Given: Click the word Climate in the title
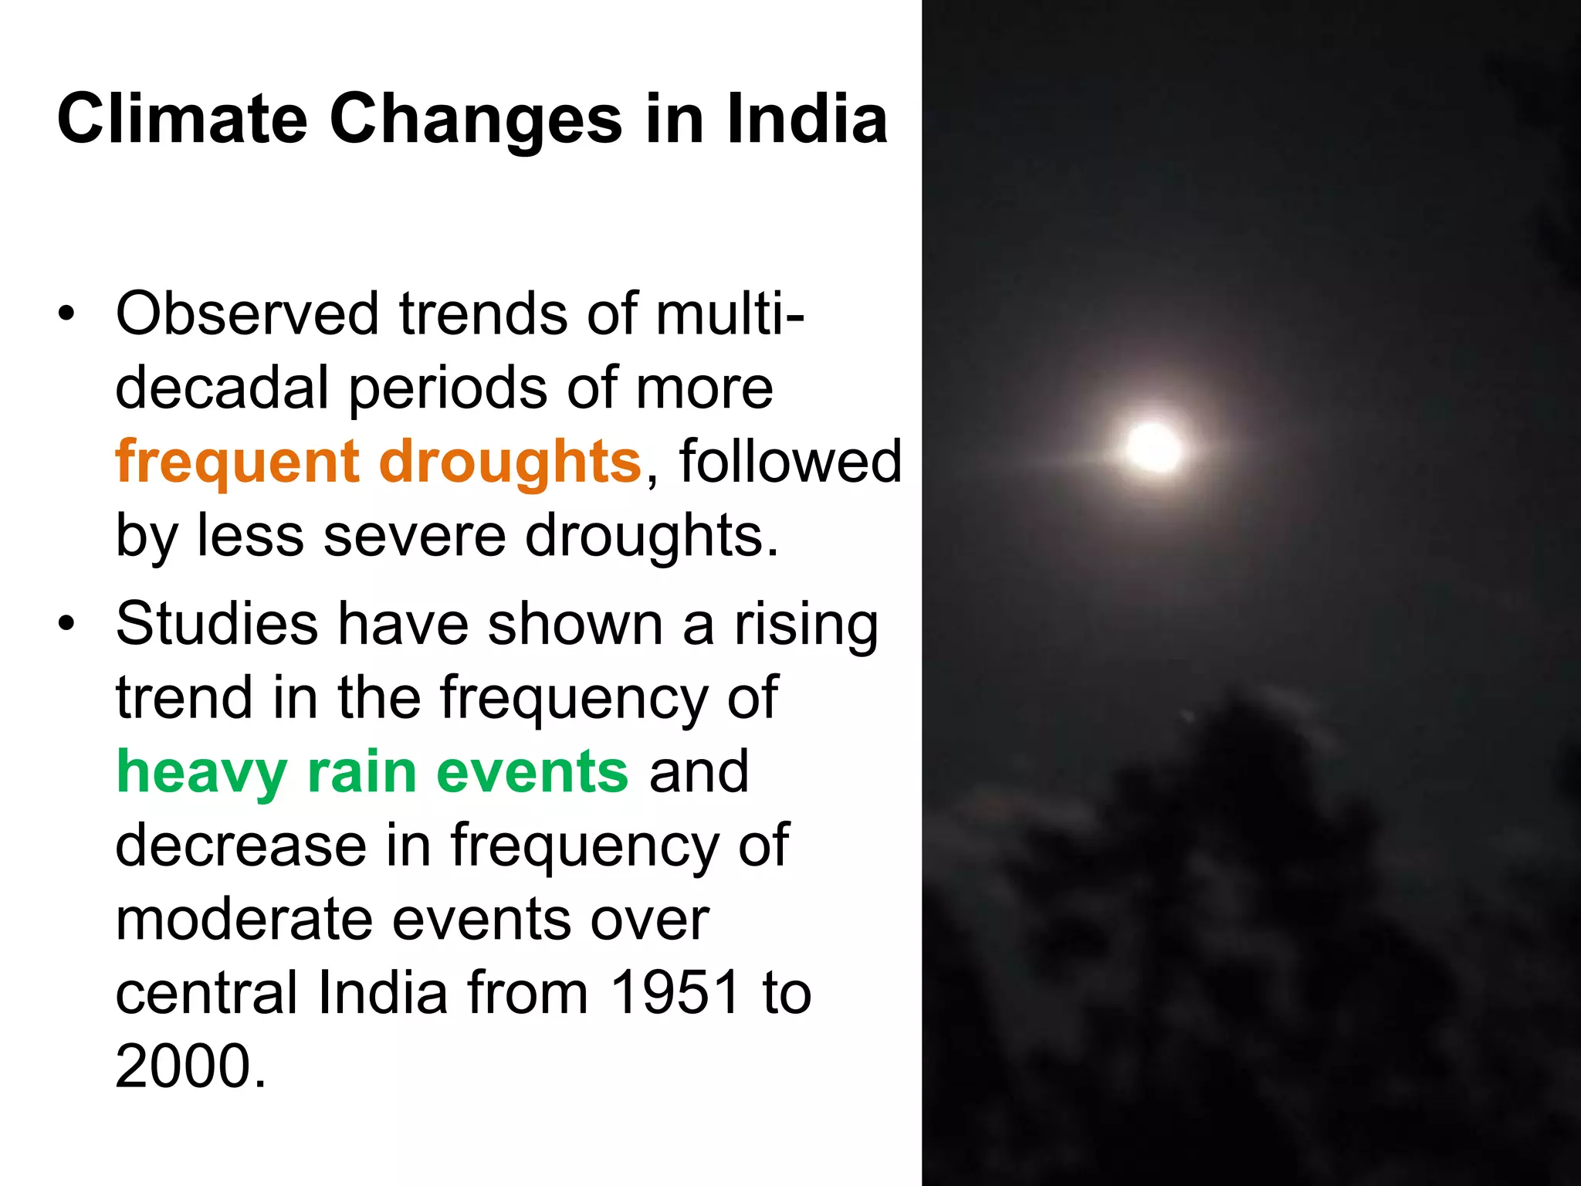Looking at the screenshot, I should click(182, 119).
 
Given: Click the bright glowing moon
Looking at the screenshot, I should click(1153, 448).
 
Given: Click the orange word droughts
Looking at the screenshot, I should click(510, 462).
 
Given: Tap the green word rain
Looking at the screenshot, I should click(361, 771).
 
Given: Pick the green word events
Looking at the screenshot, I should click(532, 771).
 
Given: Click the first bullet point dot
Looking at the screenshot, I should click(67, 314).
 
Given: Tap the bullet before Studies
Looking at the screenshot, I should click(67, 623).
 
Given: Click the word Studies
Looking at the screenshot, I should click(216, 623).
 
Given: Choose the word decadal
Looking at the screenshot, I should click(222, 388).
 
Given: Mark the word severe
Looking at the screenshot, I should click(415, 536).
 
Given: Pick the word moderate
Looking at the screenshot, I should click(244, 920).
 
